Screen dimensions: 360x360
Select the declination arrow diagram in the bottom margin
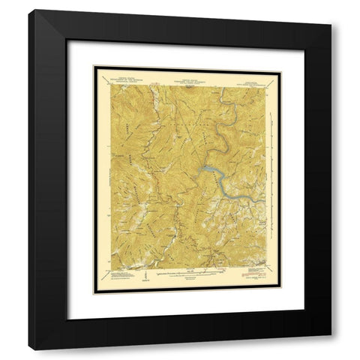(140, 276)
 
